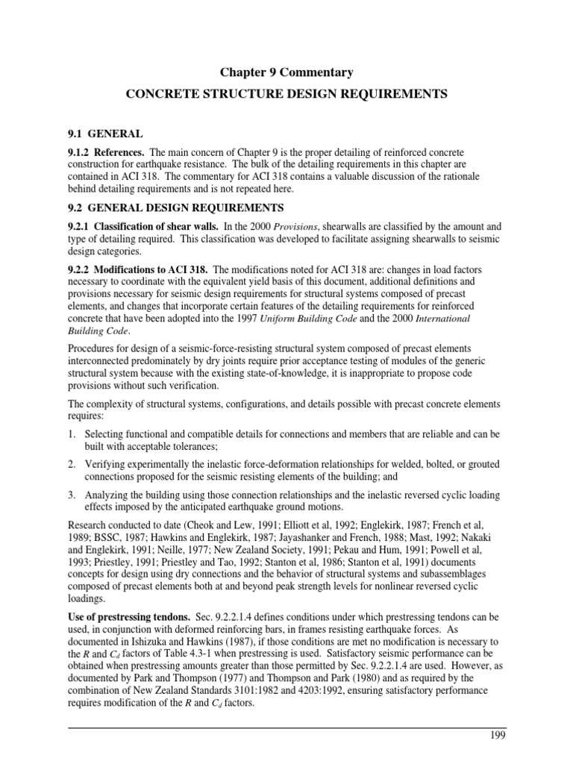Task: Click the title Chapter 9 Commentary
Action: pyautogui.click(x=286, y=72)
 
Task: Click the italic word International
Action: pyautogui.click(x=463, y=318)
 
